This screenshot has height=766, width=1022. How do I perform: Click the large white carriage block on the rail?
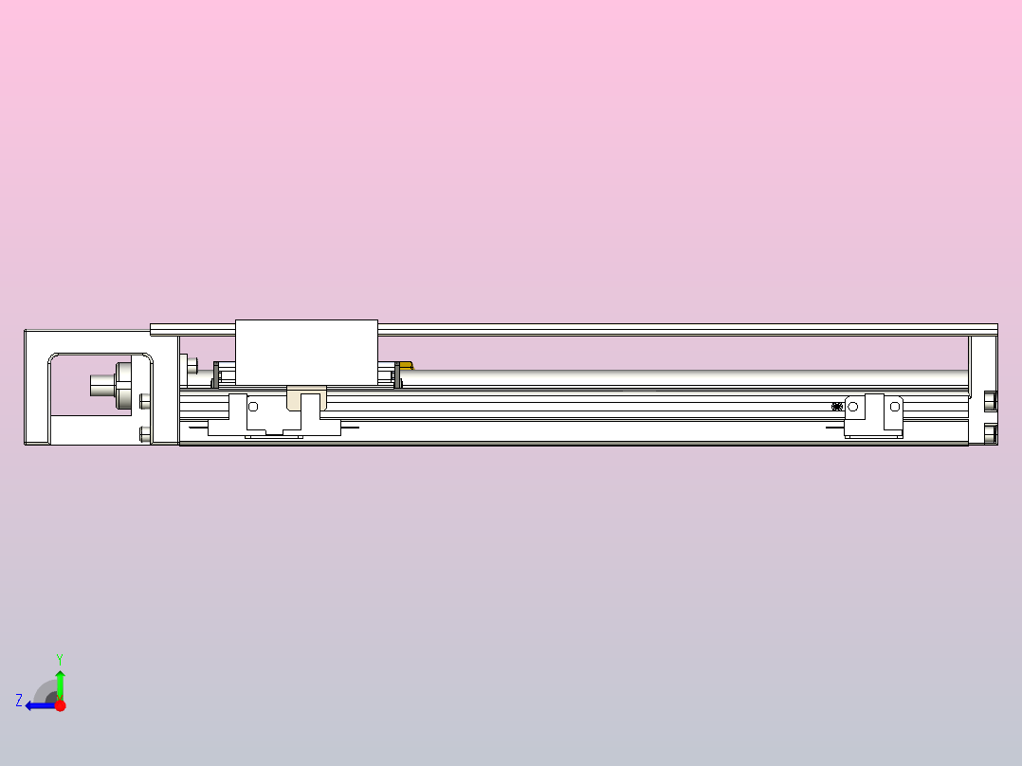tap(305, 351)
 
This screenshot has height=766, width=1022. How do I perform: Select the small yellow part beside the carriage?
tap(407, 365)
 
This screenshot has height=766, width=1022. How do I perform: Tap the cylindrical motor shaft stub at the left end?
tap(102, 384)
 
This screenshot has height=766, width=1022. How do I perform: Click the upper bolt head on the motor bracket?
tap(144, 401)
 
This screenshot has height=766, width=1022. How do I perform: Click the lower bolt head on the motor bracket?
tap(144, 434)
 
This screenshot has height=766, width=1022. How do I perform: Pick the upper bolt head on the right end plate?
tap(991, 400)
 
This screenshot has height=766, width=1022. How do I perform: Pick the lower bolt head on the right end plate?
tap(991, 434)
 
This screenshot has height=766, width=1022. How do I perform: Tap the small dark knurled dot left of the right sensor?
tap(836, 407)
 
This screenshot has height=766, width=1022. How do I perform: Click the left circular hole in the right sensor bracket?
tap(852, 407)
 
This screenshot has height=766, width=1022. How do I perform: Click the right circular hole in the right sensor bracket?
tap(893, 407)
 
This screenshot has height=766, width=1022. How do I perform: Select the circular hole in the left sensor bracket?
tap(253, 407)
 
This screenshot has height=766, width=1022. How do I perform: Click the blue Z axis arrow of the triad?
tap(38, 704)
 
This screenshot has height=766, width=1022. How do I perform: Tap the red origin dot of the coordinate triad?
tap(60, 705)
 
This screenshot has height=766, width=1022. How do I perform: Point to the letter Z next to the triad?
tap(19, 701)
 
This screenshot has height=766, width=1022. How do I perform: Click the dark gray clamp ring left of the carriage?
tap(216, 374)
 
